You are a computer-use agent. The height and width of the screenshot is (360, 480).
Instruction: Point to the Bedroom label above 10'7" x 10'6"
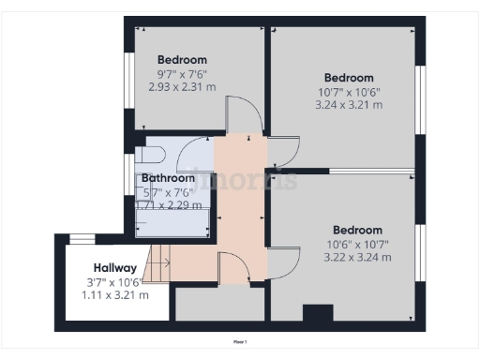pyautogui.click(x=349, y=78)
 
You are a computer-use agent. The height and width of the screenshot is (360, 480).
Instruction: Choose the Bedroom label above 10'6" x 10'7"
pyautogui.click(x=357, y=230)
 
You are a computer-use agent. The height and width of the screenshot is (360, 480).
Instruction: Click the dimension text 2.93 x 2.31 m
pyautogui.click(x=182, y=85)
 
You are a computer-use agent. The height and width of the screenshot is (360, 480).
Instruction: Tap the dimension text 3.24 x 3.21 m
pyautogui.click(x=349, y=105)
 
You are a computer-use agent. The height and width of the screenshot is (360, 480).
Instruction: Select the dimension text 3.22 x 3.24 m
pyautogui.click(x=357, y=257)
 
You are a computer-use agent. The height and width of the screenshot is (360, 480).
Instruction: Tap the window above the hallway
pyautogui.click(x=84, y=237)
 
